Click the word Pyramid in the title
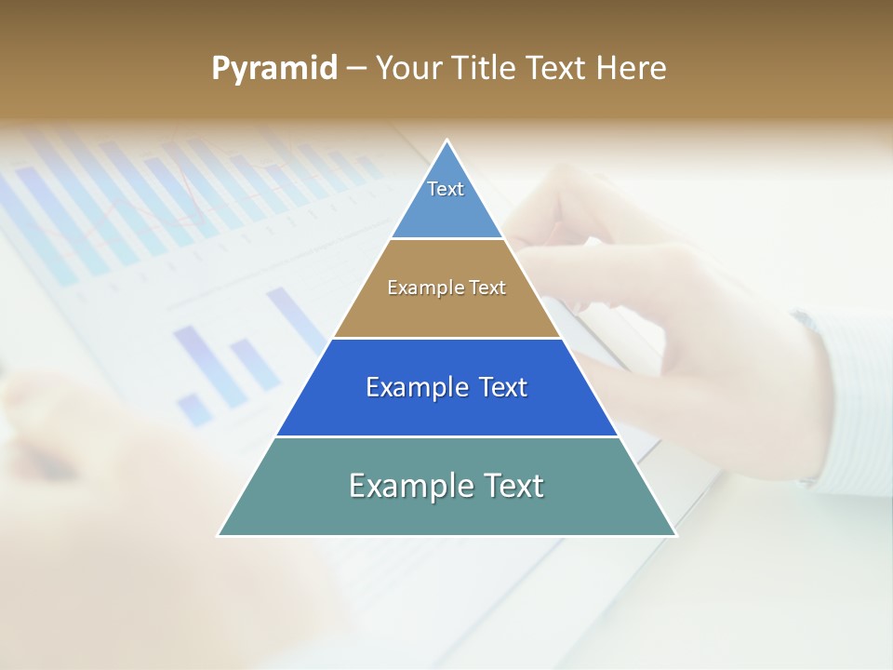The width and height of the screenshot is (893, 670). [274, 69]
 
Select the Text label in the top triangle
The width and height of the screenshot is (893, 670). [446, 189]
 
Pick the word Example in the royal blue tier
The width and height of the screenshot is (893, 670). [415, 387]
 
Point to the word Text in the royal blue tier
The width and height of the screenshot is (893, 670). [503, 387]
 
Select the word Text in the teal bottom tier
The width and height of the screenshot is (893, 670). [512, 486]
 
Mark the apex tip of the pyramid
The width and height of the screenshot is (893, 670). [446, 141]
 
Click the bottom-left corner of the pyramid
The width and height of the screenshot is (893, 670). [220, 535]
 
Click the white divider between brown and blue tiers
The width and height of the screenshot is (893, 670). [446, 338]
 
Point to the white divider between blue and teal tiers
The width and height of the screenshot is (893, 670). [446, 436]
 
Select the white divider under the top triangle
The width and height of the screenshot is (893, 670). [446, 239]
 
